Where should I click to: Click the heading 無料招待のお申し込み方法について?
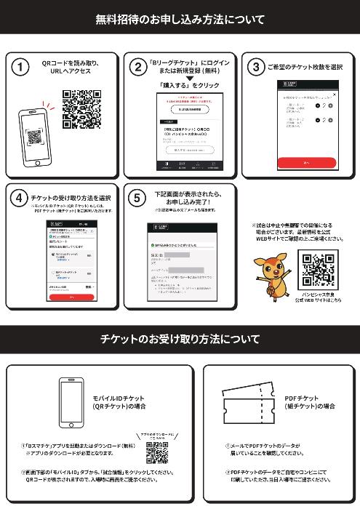coord(180,20)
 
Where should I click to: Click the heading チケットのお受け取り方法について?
coord(180,339)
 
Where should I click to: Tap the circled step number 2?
coord(137,68)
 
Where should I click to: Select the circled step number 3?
coord(255,68)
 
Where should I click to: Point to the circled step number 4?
coord(22,198)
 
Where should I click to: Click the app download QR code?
coord(157,453)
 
